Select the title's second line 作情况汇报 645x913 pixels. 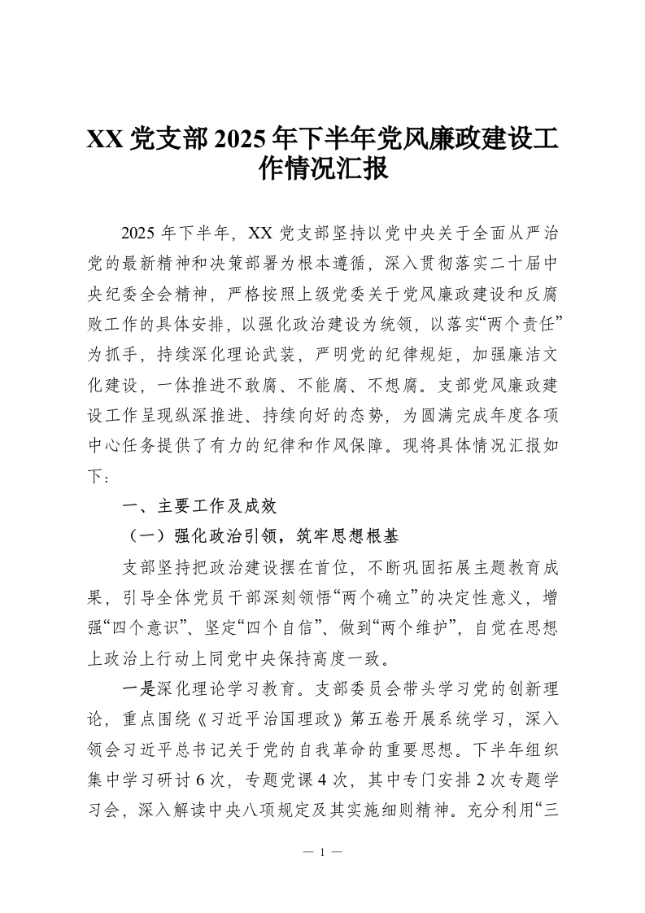pos(322,169)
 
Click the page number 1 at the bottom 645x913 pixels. pos(322,854)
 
